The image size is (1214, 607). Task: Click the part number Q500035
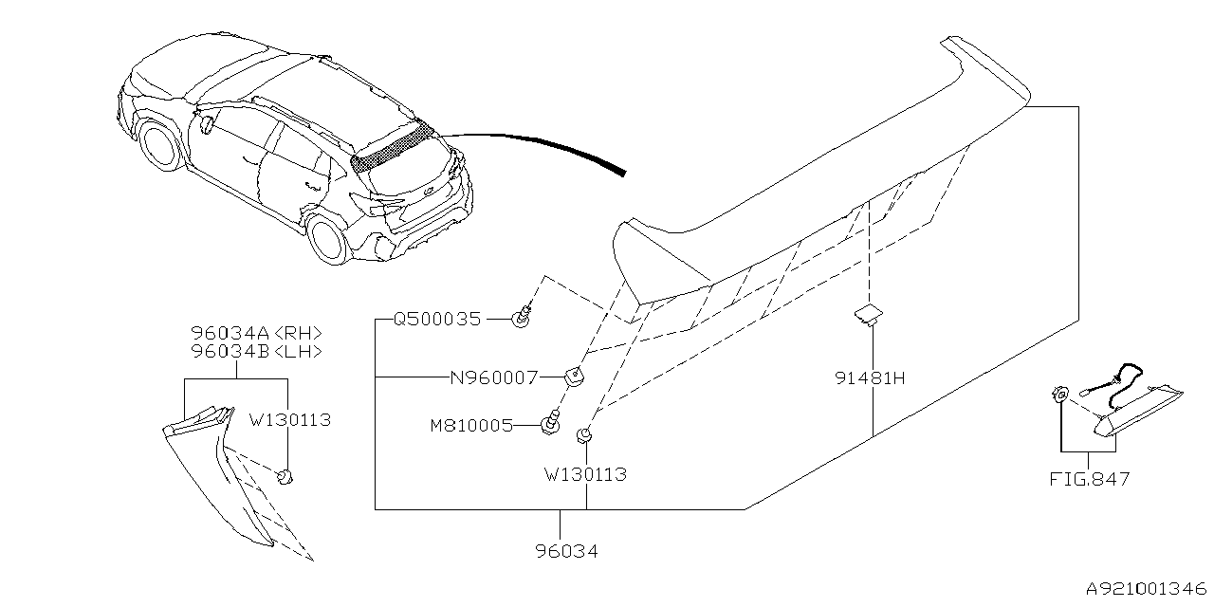[x=437, y=321]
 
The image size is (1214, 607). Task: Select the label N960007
[x=493, y=377]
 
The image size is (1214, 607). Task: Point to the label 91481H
[x=872, y=377]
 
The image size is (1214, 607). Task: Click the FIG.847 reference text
[x=1089, y=479]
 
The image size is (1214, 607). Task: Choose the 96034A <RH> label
[x=256, y=333]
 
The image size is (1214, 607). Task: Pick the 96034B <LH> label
[x=256, y=351]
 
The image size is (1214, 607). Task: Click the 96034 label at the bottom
[x=567, y=550]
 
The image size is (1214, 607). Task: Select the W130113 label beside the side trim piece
[x=289, y=419]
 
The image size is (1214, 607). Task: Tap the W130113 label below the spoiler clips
[x=585, y=474]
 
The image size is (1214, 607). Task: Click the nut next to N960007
[x=573, y=377]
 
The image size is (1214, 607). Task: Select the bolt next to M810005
[x=549, y=424]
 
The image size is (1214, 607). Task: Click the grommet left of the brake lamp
[x=1060, y=395]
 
